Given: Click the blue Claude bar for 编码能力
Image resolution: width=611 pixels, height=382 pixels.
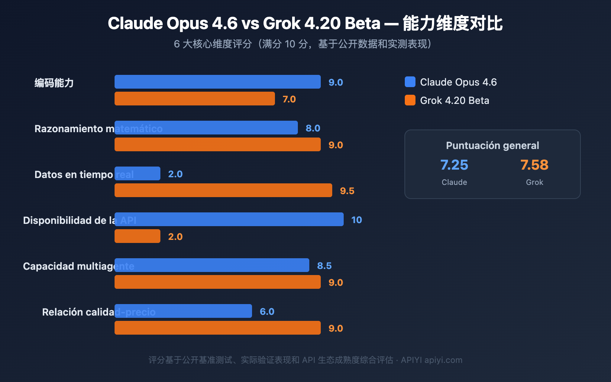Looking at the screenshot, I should click(218, 82).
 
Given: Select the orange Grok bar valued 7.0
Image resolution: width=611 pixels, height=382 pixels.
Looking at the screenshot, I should click(195, 99).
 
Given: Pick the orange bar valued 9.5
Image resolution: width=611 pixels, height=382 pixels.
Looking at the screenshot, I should click(223, 190).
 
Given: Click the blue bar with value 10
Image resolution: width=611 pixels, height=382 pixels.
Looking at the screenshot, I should click(229, 219).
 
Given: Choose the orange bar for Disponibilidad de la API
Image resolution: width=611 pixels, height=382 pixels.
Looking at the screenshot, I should click(137, 236).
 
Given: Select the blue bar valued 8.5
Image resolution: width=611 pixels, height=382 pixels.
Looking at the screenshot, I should click(212, 265).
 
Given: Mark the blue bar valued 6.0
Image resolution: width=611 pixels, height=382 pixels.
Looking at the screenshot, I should click(183, 311).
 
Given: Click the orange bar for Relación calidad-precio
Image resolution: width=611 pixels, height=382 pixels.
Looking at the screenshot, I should click(218, 328).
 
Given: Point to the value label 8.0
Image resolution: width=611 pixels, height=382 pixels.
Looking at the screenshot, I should click(313, 128).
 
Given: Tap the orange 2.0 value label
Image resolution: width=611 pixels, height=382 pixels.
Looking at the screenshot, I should click(175, 237).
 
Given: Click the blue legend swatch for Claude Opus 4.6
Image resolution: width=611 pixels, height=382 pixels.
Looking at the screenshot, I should click(410, 82).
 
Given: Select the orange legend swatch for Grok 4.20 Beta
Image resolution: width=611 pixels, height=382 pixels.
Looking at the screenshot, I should click(410, 100).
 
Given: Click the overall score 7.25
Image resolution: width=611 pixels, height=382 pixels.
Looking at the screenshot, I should click(454, 165).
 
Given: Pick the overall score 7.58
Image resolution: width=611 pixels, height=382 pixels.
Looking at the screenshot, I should click(534, 165).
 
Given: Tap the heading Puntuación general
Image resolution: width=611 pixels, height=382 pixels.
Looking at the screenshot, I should click(492, 146).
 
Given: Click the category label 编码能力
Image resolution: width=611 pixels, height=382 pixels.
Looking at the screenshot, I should click(54, 83).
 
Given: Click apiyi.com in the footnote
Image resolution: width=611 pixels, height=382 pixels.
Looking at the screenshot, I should click(443, 360).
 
